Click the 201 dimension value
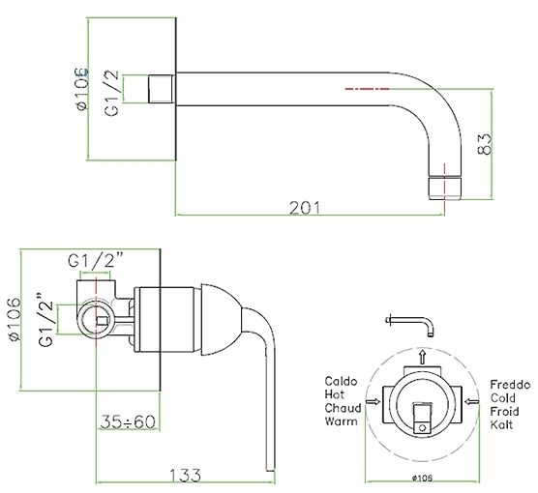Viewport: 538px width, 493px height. click(x=305, y=208)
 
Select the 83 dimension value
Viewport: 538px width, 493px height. click(x=485, y=144)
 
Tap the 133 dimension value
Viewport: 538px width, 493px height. click(x=185, y=476)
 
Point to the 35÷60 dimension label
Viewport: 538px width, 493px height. click(x=128, y=421)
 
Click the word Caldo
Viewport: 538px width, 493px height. click(x=341, y=381)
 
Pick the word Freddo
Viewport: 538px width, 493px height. click(x=510, y=385)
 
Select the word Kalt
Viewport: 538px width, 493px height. click(x=501, y=424)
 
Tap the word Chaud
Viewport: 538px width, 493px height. click(x=343, y=408)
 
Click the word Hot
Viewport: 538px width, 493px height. click(x=334, y=394)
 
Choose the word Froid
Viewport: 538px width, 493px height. click(x=504, y=411)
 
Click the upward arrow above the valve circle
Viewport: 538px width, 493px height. click(x=423, y=358)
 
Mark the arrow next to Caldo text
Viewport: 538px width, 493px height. click(x=373, y=401)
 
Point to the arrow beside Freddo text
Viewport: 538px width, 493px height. click(x=471, y=401)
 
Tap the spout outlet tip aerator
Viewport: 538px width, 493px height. click(x=445, y=188)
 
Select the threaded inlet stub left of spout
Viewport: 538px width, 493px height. click(x=162, y=89)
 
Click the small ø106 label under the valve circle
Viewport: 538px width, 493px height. click(x=422, y=478)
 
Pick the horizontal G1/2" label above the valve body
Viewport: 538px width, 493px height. click(x=96, y=261)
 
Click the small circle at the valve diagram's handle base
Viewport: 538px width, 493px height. click(x=423, y=428)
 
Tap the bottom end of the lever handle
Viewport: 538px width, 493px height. click(x=271, y=471)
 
